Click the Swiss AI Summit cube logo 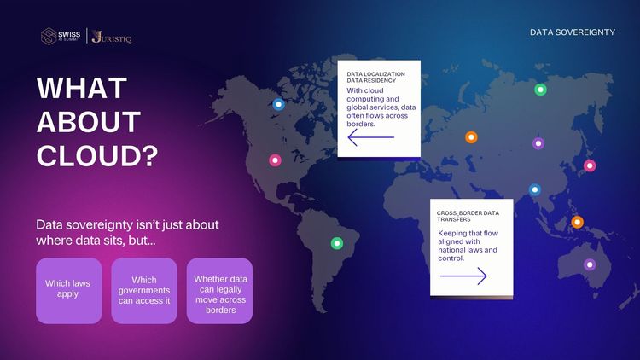49,36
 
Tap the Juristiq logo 112,37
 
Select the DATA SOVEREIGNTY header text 573,32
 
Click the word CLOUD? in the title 97,155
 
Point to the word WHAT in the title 82,88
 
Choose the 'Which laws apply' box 68,291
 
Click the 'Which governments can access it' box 144,291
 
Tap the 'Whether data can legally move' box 219,291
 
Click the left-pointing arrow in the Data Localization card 370,137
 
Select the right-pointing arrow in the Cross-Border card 463,276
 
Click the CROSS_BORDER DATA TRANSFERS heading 468,216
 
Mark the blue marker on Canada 279,104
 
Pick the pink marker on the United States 275,160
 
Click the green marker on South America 337,243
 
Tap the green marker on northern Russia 540,90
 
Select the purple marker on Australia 590,264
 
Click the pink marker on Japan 590,165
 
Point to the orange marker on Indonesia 577,222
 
